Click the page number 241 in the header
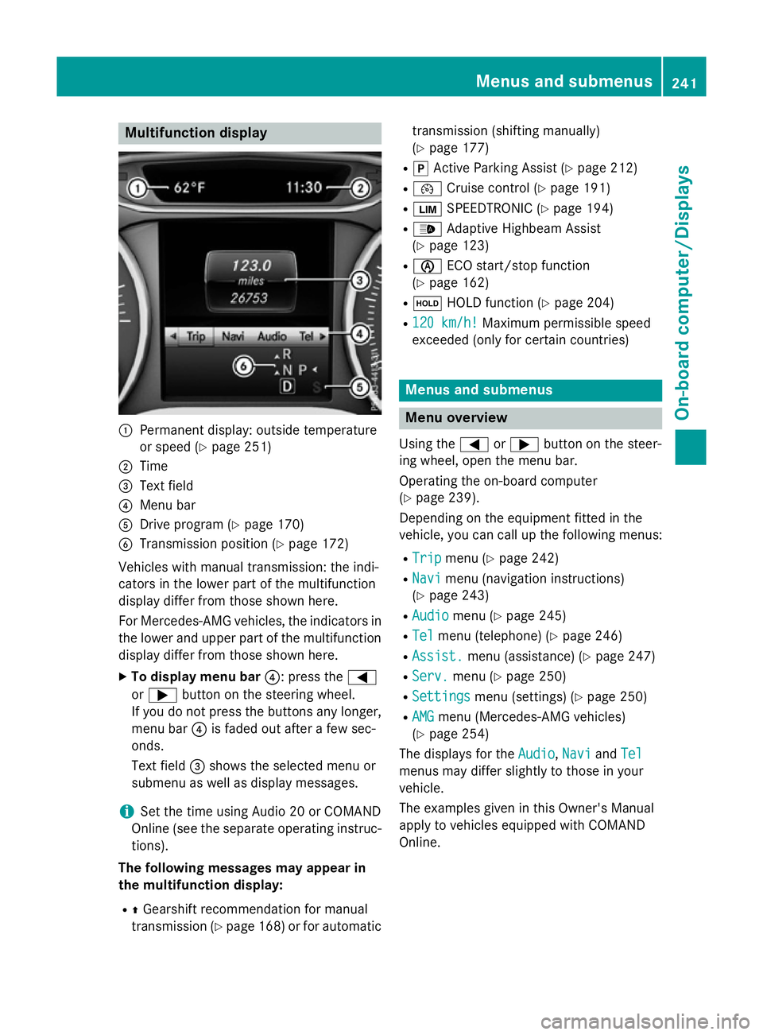coord(684,82)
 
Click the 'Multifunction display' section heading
coord(196,133)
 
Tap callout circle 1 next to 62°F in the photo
coord(137,188)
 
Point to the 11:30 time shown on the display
coord(304,188)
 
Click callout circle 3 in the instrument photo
coord(360,280)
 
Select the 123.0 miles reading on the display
coord(250,266)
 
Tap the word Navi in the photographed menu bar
coord(233,336)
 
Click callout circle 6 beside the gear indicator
coord(243,366)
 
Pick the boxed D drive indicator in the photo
coord(287,386)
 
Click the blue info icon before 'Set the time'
coord(126,811)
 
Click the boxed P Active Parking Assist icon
coord(420,169)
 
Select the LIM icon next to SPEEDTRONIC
coord(427,209)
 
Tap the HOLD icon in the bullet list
coord(427,303)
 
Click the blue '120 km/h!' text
coord(444,323)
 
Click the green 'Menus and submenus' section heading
coord(478,390)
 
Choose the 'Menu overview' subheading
coord(456,417)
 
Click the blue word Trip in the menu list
coord(426,558)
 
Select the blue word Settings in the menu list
coord(441,696)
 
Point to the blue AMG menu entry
coord(423,716)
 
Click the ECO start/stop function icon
coord(427,266)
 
